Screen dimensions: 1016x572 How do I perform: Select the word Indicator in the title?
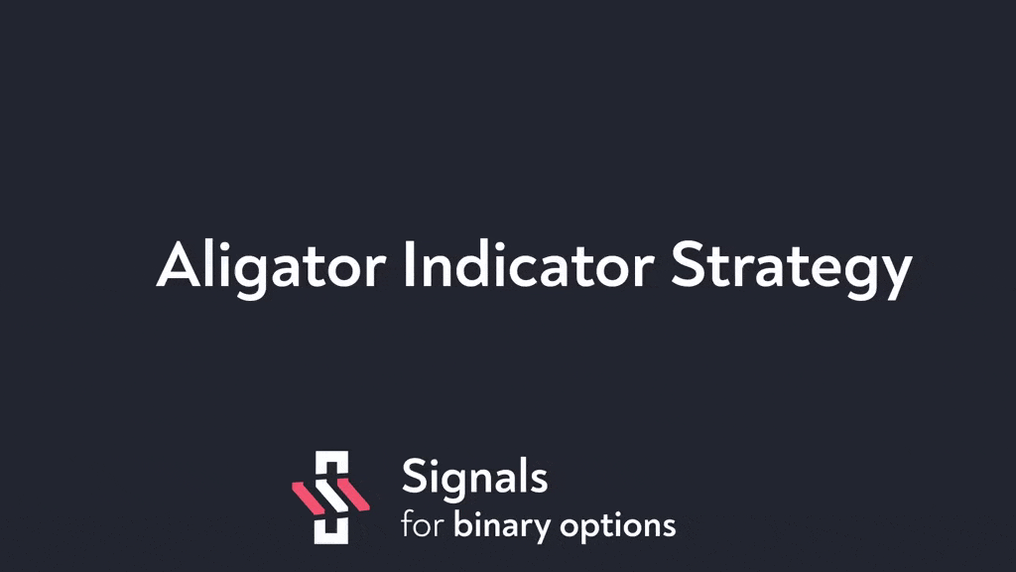tap(528, 263)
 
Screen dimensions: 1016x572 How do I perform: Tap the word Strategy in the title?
tap(791, 268)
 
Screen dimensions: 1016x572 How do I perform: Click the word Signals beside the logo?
tap(475, 480)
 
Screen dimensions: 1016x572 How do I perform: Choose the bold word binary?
tap(501, 526)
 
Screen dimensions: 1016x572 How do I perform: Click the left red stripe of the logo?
tap(308, 499)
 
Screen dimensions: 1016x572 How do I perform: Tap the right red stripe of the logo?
tap(354, 495)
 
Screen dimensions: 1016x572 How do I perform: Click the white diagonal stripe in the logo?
tap(331, 497)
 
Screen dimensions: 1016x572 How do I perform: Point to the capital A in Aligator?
tap(180, 264)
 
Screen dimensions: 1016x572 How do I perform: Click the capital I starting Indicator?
tap(409, 264)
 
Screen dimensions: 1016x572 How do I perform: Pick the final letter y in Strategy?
tap(896, 276)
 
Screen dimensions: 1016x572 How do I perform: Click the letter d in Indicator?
tap(477, 264)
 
